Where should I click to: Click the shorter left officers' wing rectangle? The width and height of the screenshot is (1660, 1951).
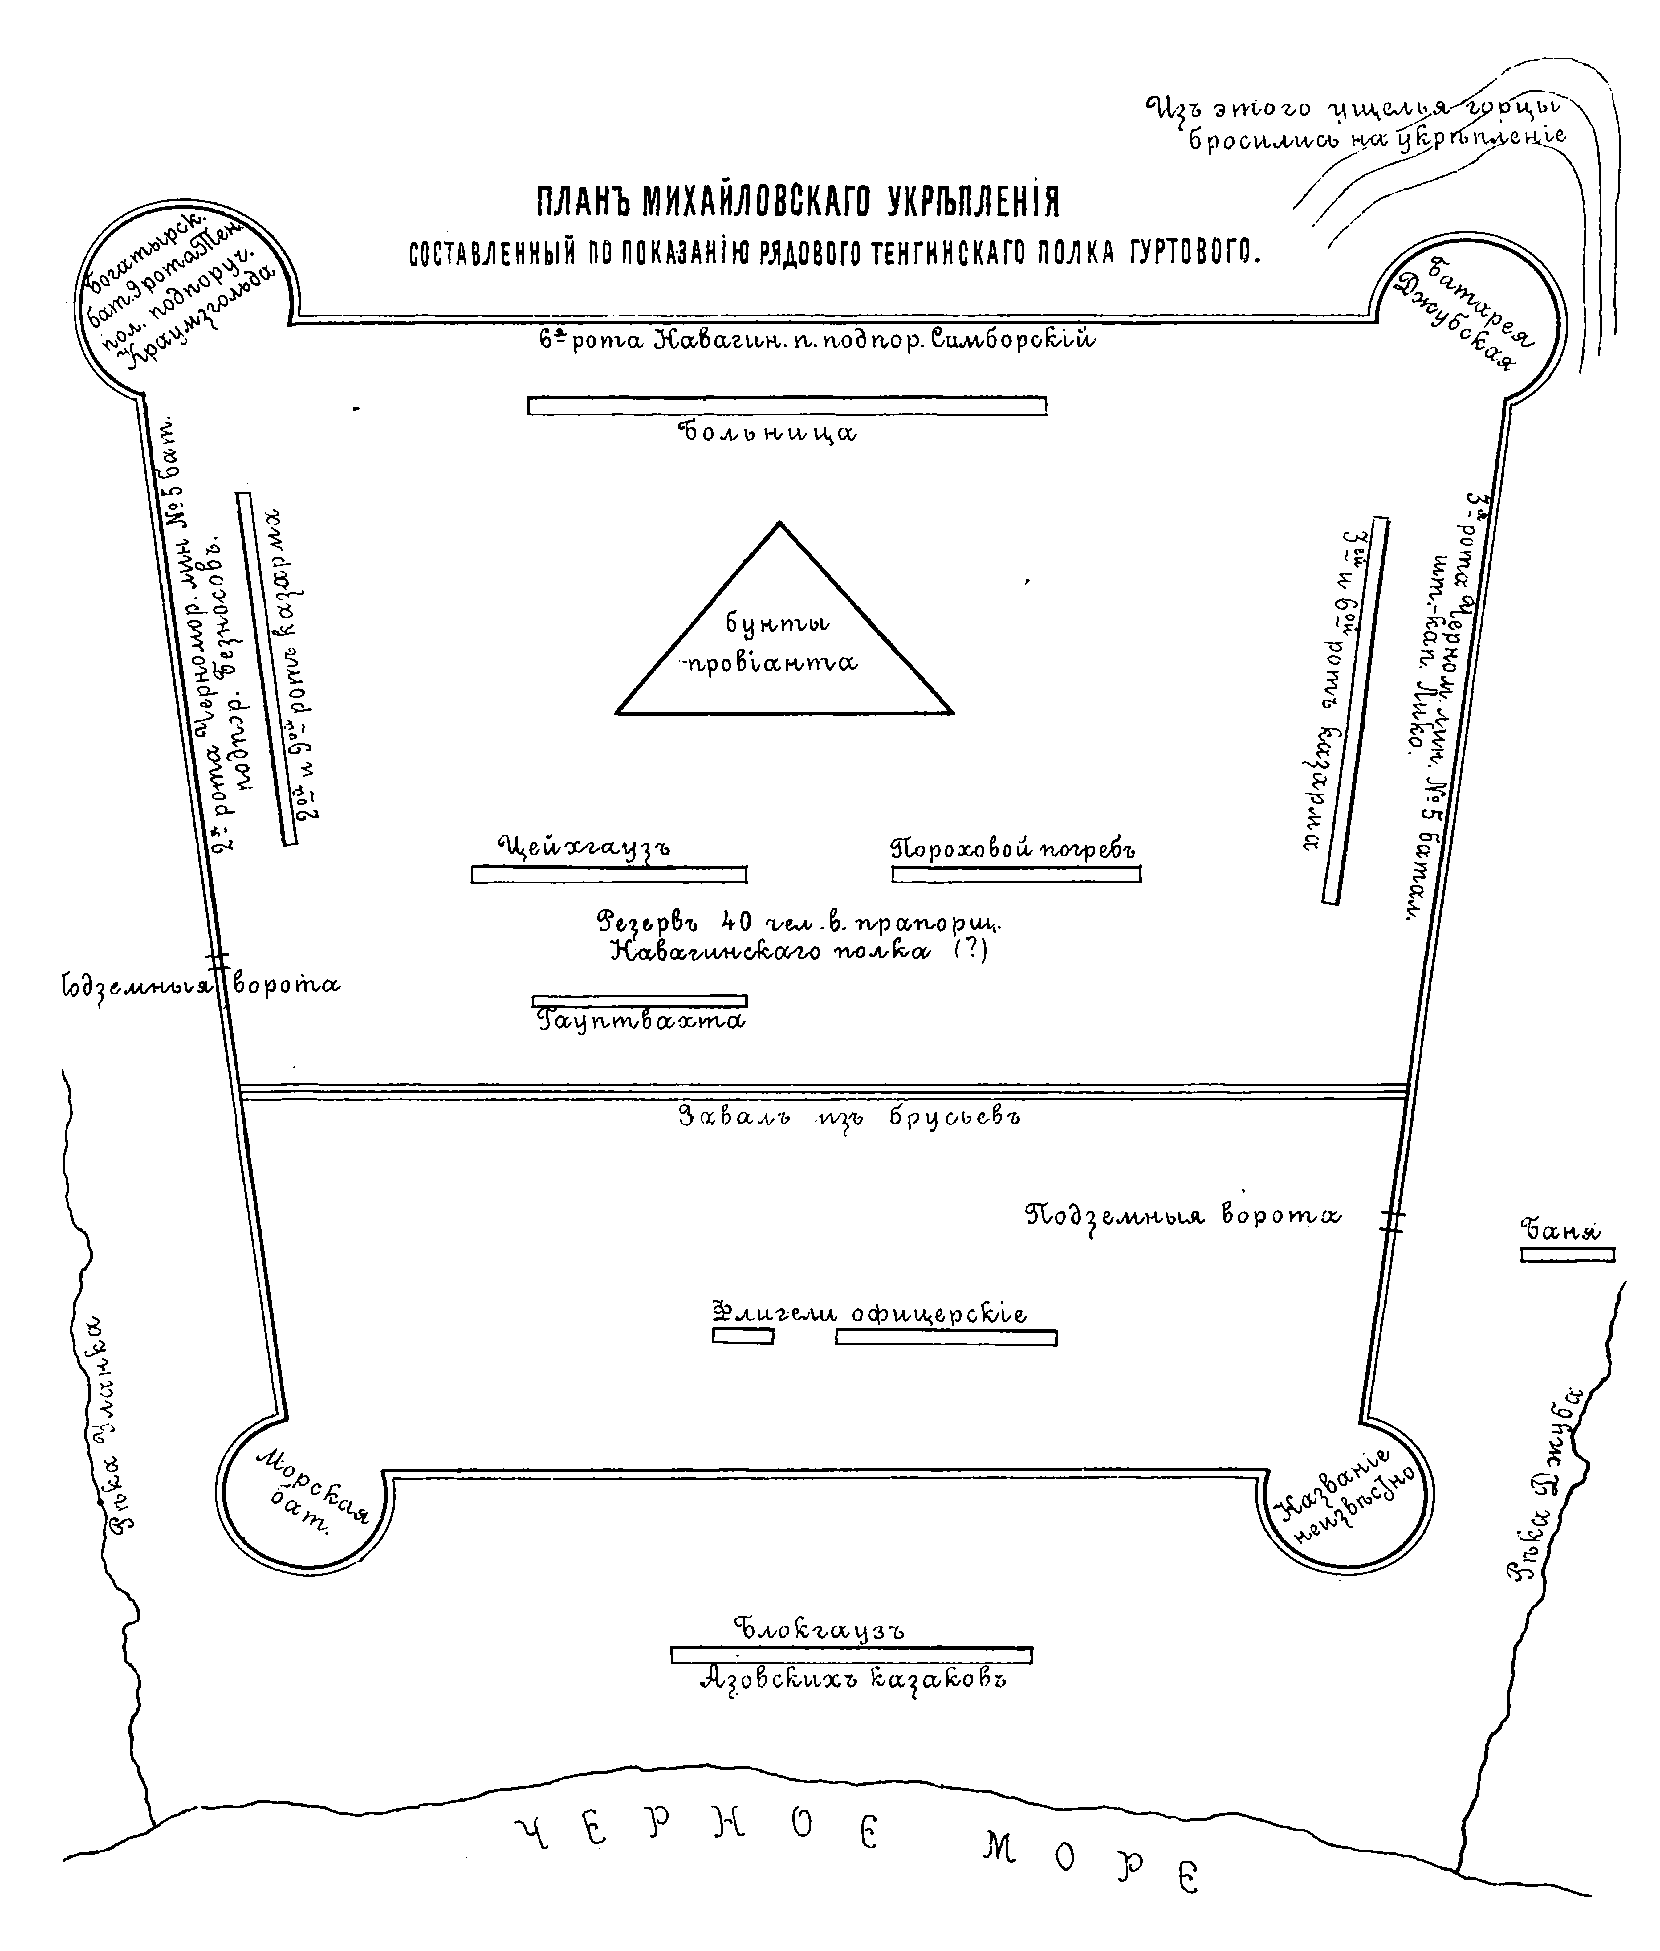click(x=743, y=1336)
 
